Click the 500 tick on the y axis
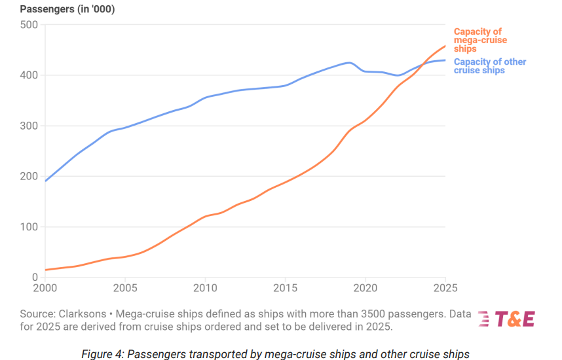coord(29,25)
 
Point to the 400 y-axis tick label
coord(29,75)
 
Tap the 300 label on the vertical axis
coord(29,126)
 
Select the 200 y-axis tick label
coord(29,176)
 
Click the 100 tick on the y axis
coord(29,227)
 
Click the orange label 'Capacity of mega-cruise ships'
coord(478,40)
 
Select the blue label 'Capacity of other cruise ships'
coord(490,66)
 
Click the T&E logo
coord(507,319)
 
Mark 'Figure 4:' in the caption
coord(102,354)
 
